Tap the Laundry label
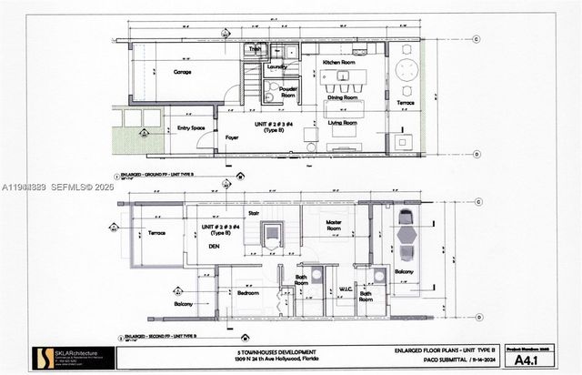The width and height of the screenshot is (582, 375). pos(277,67)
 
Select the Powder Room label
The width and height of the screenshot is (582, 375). pos(288,91)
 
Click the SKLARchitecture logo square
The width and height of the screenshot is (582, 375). pos(42,358)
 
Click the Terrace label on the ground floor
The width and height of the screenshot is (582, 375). pos(406,105)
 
